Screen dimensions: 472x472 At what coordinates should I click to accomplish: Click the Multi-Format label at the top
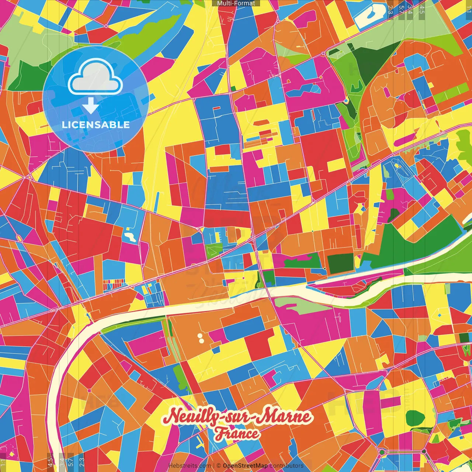click(236, 3)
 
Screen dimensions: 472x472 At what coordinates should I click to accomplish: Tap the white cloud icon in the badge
click(95, 78)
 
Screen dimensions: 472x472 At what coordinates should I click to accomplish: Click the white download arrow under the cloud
click(90, 105)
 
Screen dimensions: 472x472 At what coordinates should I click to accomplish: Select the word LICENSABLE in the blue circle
click(96, 125)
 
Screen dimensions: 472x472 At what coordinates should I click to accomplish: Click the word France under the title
click(237, 433)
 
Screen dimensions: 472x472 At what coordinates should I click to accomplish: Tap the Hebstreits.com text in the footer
click(190, 466)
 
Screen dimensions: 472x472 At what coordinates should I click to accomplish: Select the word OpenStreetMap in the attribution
click(245, 466)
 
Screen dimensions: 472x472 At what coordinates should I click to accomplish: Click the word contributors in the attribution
click(287, 466)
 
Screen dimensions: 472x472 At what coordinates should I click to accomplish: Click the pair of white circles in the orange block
click(201, 338)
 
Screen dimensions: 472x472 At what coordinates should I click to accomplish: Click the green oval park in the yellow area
click(415, 418)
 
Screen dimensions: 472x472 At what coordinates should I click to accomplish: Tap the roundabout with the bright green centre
click(382, 452)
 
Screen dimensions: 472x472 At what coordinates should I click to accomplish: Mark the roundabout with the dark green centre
click(424, 451)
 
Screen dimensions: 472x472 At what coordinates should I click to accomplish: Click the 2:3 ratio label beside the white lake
click(390, 9)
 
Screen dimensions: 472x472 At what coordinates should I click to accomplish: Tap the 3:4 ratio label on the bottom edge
click(62, 461)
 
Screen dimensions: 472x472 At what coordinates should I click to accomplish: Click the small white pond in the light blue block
click(130, 236)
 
